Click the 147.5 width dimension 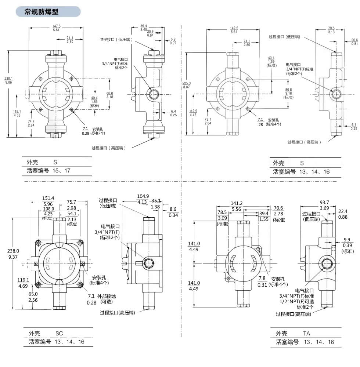57,26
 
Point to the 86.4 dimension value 144,26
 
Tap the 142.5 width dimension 234,28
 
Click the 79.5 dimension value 331,28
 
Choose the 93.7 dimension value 314,202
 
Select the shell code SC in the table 59,334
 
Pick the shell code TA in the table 307,334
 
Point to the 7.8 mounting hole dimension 262,279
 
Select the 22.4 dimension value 343,211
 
